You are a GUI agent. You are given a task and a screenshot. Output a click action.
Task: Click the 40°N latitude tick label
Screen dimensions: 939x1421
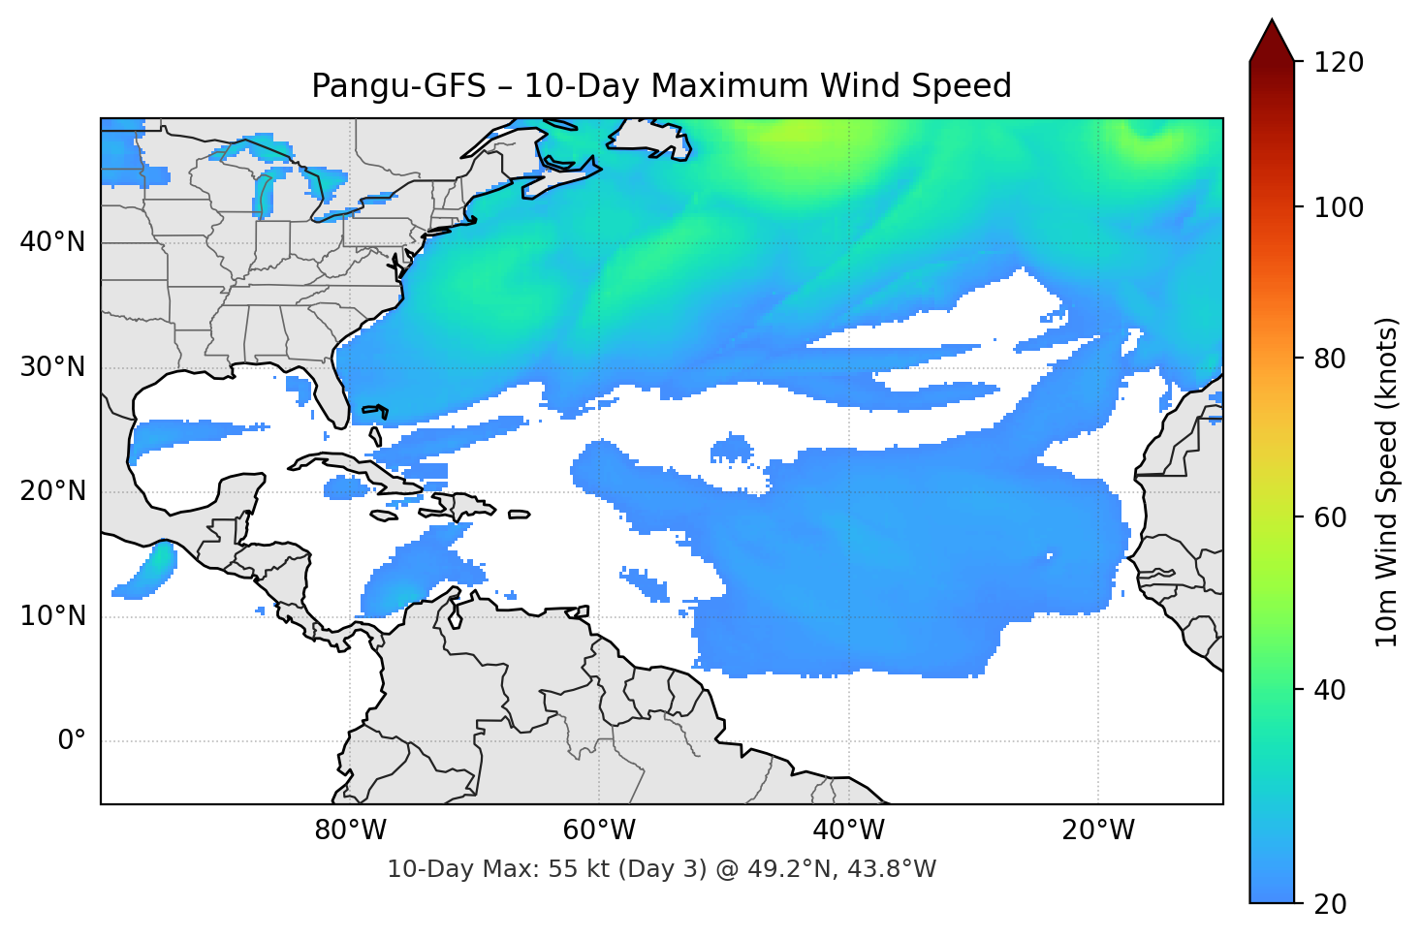click(53, 242)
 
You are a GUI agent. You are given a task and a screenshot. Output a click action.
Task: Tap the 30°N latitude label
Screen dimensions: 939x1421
click(53, 367)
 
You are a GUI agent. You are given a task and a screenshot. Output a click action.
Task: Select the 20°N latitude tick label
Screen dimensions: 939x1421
click(53, 491)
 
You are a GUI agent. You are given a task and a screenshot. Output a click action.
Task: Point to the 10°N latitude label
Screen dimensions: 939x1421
click(53, 616)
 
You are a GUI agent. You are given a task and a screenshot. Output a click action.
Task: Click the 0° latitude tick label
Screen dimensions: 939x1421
click(72, 741)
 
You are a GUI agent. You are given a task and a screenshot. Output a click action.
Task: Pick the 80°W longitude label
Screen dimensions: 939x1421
click(350, 830)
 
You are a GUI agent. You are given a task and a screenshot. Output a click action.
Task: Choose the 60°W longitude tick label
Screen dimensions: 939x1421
click(599, 830)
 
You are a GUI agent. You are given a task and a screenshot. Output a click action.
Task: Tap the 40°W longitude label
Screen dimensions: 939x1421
click(848, 830)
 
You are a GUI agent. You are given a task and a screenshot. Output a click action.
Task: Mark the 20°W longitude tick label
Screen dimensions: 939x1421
click(1097, 830)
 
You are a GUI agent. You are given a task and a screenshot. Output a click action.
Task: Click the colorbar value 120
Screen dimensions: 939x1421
click(1339, 63)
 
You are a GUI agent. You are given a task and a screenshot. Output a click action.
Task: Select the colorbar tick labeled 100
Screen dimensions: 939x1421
click(1339, 207)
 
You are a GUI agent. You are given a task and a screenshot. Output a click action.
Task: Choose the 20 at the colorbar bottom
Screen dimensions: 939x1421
click(1330, 904)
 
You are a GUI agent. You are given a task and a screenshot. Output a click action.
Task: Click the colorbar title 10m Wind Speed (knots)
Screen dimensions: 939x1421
click(1387, 482)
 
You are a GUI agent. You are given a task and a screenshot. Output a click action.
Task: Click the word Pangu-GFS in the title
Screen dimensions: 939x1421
click(398, 86)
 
